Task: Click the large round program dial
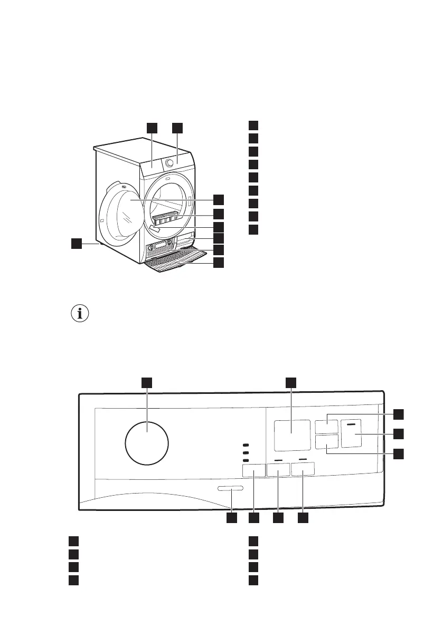click(x=147, y=442)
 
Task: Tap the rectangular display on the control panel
click(x=292, y=435)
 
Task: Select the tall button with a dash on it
click(x=354, y=433)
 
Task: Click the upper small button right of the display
click(x=326, y=426)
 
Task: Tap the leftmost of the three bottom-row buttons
click(x=253, y=469)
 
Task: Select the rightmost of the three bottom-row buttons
click(x=302, y=469)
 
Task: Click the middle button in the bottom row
click(x=278, y=469)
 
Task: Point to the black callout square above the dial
click(x=147, y=382)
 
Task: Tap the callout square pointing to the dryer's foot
click(x=77, y=244)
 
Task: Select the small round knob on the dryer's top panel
click(x=169, y=163)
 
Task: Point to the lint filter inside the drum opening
click(x=165, y=217)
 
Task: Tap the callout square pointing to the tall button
click(x=399, y=433)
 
